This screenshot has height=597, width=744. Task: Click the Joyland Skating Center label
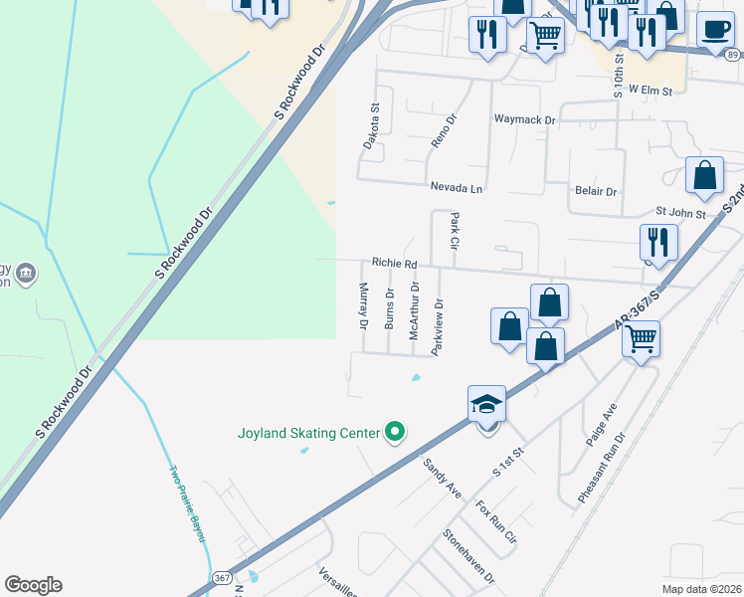308,433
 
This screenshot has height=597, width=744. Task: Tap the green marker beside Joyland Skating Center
395,432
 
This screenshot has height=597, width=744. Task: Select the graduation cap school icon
486,404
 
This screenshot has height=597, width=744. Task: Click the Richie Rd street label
393,264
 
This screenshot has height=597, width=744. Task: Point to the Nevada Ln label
456,187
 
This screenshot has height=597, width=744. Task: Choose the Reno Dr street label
444,130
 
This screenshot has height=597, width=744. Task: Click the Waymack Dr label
524,119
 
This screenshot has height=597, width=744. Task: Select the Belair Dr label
596,191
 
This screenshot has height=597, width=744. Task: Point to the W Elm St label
651,91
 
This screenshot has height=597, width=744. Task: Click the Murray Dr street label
363,306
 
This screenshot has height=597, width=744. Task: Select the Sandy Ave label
443,479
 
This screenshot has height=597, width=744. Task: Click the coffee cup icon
715,29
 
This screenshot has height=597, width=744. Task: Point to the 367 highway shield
222,577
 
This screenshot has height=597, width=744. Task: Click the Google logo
33,585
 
